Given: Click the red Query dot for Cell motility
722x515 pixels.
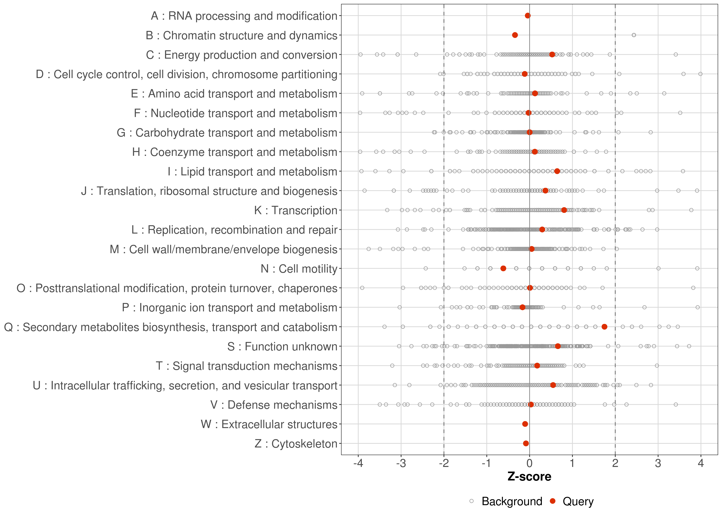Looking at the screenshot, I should [x=503, y=268].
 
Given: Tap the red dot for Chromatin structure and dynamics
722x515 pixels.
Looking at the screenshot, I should [x=515, y=35].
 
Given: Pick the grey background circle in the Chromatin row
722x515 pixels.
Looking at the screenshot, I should [x=634, y=35].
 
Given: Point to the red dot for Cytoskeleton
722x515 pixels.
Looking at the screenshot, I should [x=526, y=443].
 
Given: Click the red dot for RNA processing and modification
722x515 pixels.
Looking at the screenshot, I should [x=528, y=16].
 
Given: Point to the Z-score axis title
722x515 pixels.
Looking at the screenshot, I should [x=529, y=477].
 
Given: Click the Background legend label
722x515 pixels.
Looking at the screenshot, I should [x=512, y=501].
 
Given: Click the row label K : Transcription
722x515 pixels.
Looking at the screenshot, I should [x=296, y=210].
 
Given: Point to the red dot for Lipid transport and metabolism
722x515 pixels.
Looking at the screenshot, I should [x=557, y=171].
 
